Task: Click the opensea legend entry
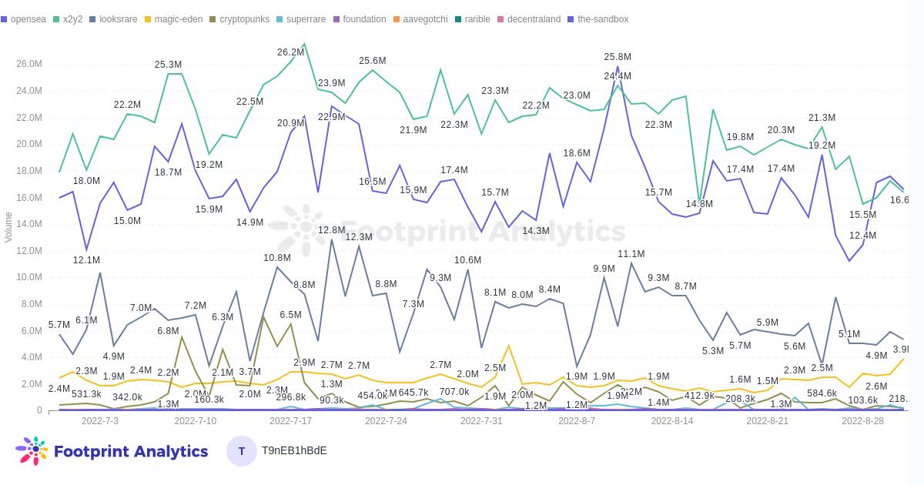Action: (x=28, y=19)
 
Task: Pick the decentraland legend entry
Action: (x=534, y=19)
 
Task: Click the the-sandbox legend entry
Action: (x=602, y=19)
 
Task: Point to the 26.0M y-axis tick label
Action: (x=28, y=64)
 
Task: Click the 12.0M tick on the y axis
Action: (x=28, y=251)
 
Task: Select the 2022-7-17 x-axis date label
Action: (x=290, y=421)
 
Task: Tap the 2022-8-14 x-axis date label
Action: (x=672, y=421)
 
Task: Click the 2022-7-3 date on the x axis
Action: (x=100, y=421)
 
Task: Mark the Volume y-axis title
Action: (x=8, y=227)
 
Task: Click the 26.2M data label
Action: (x=290, y=52)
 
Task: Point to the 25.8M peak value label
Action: (x=618, y=57)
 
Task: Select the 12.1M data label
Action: (x=86, y=260)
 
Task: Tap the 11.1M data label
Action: (x=631, y=254)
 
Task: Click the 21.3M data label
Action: (x=822, y=118)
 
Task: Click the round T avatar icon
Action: (x=242, y=451)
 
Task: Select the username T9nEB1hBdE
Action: (x=294, y=450)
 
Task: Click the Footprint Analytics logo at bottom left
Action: (x=112, y=451)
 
